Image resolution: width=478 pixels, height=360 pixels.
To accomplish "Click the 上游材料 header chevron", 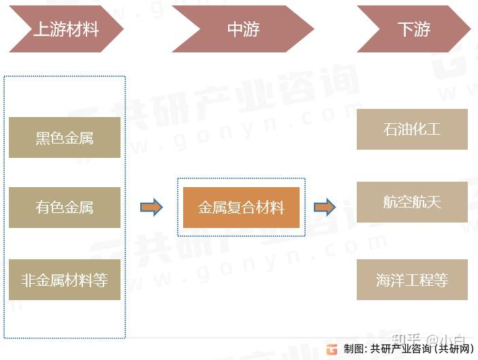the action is (65, 30).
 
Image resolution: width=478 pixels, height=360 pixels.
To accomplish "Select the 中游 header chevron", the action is (242, 30).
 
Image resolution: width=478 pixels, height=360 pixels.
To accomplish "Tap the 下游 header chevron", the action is (413, 30).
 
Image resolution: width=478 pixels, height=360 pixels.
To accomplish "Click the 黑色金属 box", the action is (65, 137).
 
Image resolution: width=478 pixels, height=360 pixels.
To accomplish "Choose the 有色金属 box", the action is (65, 208).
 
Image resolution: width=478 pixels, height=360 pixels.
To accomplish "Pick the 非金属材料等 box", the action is (65, 280).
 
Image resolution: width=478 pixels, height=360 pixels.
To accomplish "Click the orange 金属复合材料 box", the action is (241, 208).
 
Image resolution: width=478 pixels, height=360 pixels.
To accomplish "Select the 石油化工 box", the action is (412, 129).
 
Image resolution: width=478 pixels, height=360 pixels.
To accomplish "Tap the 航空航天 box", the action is (412, 202).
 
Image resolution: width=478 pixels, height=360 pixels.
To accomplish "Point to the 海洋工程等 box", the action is (412, 280).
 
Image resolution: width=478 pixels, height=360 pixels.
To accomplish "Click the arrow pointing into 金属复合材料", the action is (151, 208).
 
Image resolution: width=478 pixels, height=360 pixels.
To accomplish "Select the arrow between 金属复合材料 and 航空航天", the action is (325, 208).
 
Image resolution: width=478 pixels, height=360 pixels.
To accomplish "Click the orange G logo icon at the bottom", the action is (332, 349).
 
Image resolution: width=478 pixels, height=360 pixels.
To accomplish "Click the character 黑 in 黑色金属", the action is (43, 138).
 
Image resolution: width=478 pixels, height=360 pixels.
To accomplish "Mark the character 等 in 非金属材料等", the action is (101, 280).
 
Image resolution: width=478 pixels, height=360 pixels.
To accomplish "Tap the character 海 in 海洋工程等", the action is (383, 280).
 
